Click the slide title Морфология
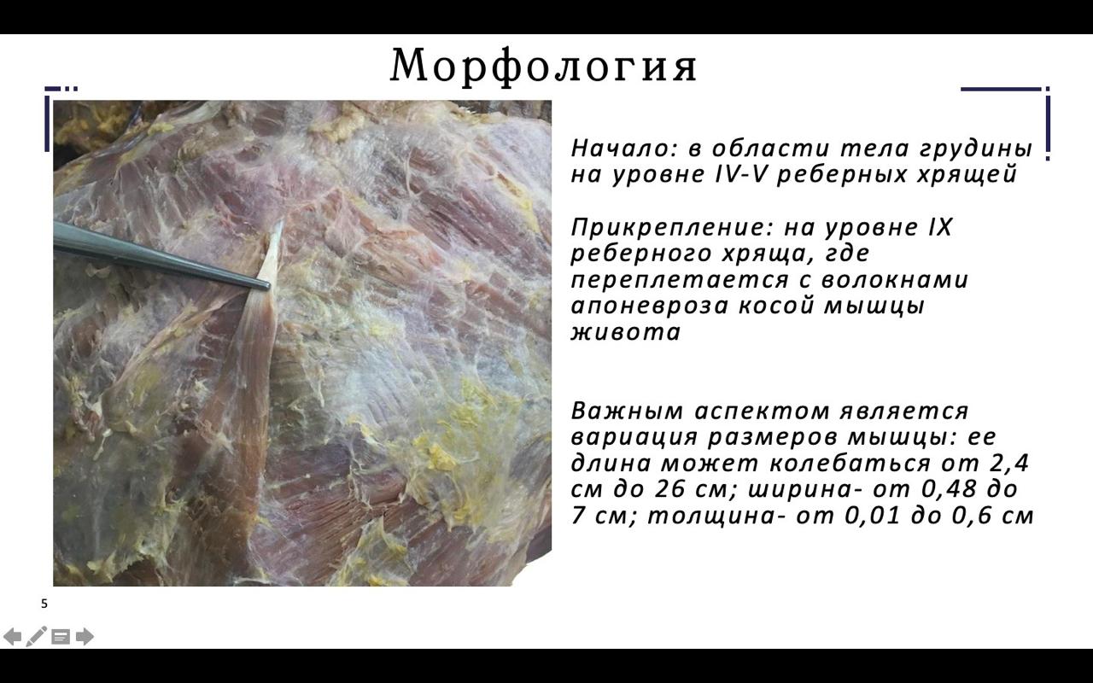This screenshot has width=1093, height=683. [x=544, y=66]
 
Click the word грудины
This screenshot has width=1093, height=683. [x=976, y=149]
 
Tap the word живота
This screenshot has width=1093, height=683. [x=626, y=333]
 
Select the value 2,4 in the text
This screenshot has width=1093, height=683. [x=1009, y=464]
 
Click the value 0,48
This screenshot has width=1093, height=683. [x=949, y=490]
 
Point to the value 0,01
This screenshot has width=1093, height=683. [x=872, y=517]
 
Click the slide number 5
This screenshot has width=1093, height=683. [x=44, y=604]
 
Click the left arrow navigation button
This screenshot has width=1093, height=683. [x=12, y=637]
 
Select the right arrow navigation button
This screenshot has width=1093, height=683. [x=85, y=637]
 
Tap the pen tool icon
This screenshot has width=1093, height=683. [x=37, y=637]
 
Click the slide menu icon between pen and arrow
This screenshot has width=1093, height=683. [x=61, y=637]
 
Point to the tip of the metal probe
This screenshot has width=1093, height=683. [x=268, y=286]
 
